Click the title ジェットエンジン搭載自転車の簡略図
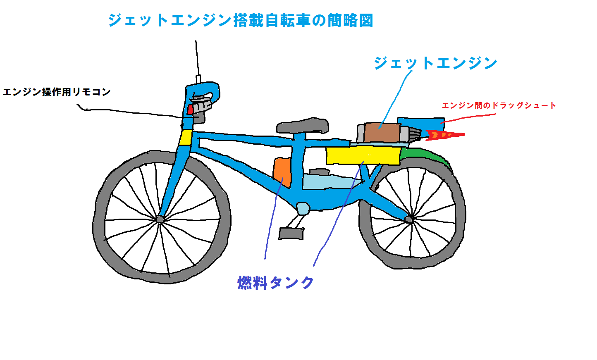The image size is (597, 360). pyautogui.click(x=240, y=20)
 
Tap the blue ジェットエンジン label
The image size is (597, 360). pyautogui.click(x=435, y=63)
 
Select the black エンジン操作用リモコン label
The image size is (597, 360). pyautogui.click(x=57, y=92)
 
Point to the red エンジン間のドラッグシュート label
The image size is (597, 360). pyautogui.click(x=499, y=105)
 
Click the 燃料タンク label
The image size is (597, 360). pyautogui.click(x=276, y=283)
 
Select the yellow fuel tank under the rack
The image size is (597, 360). pyautogui.click(x=363, y=155)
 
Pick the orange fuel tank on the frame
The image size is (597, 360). pyautogui.click(x=282, y=172)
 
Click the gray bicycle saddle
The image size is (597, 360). pyautogui.click(x=303, y=125)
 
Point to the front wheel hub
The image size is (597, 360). pyautogui.click(x=160, y=219)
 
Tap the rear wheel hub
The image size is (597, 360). pyautogui.click(x=409, y=219)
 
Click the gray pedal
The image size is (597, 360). pyautogui.click(x=291, y=234)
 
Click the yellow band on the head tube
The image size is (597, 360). pyautogui.click(x=186, y=138)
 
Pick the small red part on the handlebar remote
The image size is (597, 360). pyautogui.click(x=190, y=109)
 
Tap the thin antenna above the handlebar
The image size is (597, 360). pyautogui.click(x=197, y=58)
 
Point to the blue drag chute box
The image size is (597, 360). pyautogui.click(x=420, y=124)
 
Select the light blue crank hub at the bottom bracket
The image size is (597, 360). pyautogui.click(x=303, y=208)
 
